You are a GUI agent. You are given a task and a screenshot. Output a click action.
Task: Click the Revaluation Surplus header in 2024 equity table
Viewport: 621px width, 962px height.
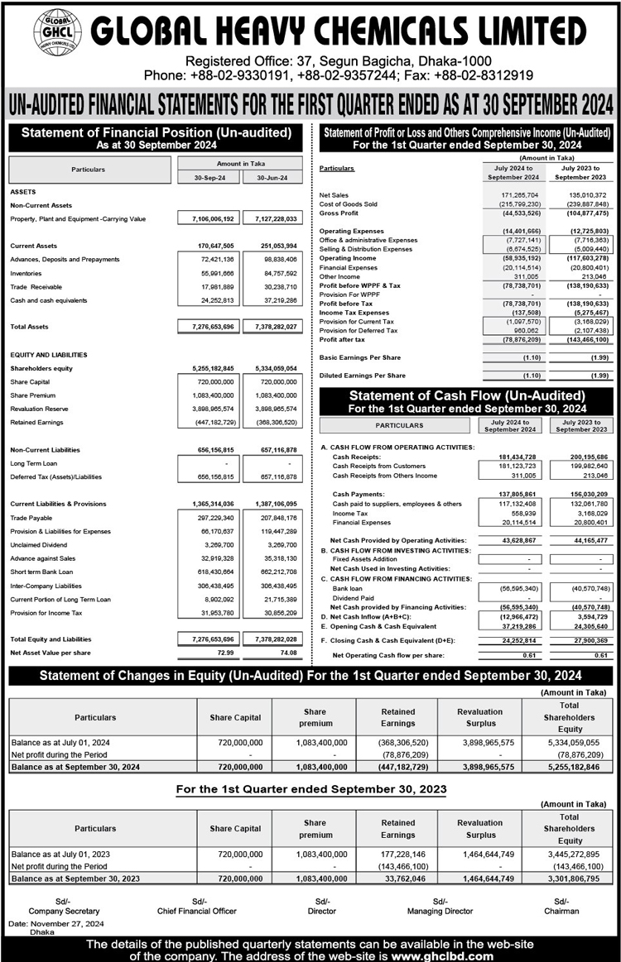480,716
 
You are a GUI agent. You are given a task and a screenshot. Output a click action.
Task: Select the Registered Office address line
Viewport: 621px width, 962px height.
338,61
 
